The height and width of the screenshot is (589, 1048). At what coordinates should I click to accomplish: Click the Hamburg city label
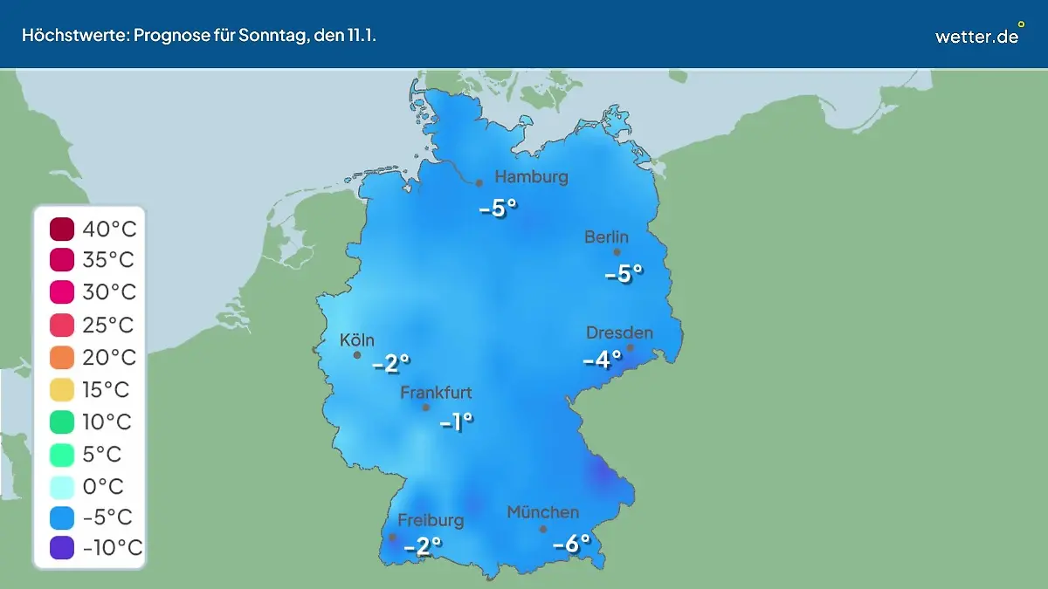[x=531, y=177]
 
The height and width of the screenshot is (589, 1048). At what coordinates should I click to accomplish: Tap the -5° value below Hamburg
[x=498, y=209]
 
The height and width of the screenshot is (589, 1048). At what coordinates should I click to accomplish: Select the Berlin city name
[x=606, y=237]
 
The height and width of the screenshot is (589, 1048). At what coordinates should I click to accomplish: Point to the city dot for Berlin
[x=617, y=252]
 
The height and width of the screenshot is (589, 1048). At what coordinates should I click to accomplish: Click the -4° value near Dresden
[x=603, y=359]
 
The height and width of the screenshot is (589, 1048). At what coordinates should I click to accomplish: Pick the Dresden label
[x=619, y=332]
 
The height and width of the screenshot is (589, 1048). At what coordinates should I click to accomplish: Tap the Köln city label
[x=357, y=340]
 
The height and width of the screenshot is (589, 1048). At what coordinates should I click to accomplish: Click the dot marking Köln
[x=356, y=355]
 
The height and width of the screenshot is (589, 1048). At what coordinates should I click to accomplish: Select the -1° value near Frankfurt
[x=456, y=423]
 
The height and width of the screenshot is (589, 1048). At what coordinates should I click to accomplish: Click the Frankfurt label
[x=436, y=393]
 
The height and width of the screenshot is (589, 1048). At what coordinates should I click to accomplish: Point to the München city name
[x=542, y=512]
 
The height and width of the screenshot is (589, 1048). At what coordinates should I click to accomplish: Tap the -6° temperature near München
[x=572, y=544]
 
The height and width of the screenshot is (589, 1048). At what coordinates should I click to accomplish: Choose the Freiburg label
[x=431, y=520]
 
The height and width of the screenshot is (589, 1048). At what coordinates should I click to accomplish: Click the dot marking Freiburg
[x=392, y=537]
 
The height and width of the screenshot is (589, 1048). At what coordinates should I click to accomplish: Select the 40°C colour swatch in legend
[x=62, y=229]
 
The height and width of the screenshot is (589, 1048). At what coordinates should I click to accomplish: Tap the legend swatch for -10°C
[x=62, y=548]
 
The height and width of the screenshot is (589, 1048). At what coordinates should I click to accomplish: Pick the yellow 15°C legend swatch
[x=62, y=389]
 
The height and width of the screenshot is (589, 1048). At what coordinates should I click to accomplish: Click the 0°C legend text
[x=103, y=485]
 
